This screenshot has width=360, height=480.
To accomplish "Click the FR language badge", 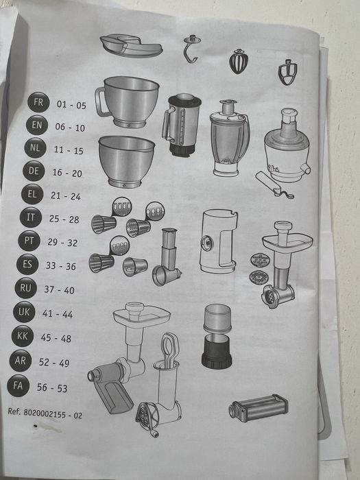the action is click(x=38, y=102).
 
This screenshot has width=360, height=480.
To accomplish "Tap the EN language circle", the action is click(x=37, y=125).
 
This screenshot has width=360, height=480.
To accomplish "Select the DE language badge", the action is click(x=34, y=171).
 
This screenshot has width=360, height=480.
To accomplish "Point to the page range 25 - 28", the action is click(x=64, y=219).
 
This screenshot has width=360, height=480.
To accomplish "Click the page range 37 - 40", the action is click(x=60, y=289).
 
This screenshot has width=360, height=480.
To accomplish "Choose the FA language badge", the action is click(x=18, y=385).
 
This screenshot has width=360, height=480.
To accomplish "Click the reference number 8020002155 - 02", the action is click(x=45, y=413).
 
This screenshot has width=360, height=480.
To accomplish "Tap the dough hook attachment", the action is click(x=191, y=49).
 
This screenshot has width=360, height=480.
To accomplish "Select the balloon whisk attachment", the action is click(x=239, y=61).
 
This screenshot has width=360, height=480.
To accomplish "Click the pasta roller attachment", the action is click(x=258, y=408).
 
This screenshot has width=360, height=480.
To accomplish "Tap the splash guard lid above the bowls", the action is click(x=131, y=45).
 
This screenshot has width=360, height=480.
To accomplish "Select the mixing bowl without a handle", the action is click(x=126, y=161).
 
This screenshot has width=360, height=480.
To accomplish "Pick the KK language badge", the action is click(x=23, y=336).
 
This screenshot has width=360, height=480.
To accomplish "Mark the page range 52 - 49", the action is click(x=54, y=363).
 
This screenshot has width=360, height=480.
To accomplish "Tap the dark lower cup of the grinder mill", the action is click(x=217, y=351).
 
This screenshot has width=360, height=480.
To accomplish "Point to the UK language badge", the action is click(x=24, y=311).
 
